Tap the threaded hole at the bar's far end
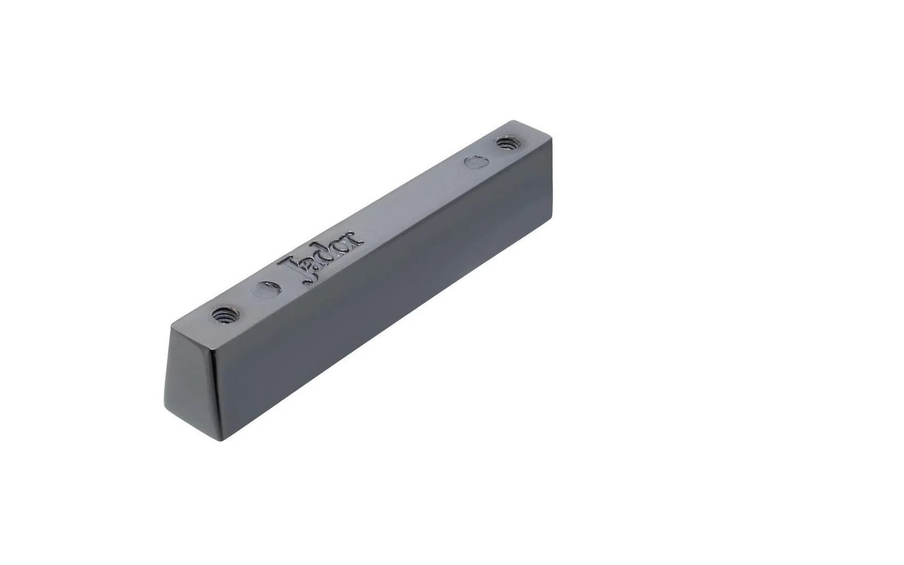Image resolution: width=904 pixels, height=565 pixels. coord(508,143)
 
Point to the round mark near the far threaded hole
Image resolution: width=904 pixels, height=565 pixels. coord(477,162)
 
